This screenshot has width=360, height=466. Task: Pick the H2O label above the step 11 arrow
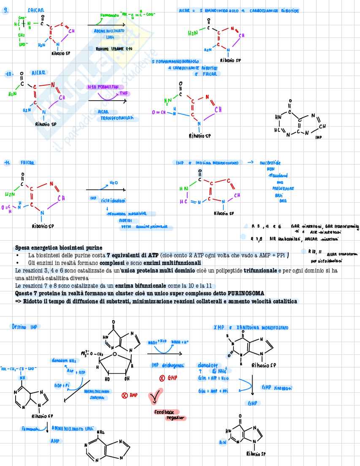114,183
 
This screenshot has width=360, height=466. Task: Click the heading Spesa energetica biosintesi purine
58,248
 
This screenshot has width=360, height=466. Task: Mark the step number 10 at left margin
9,74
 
